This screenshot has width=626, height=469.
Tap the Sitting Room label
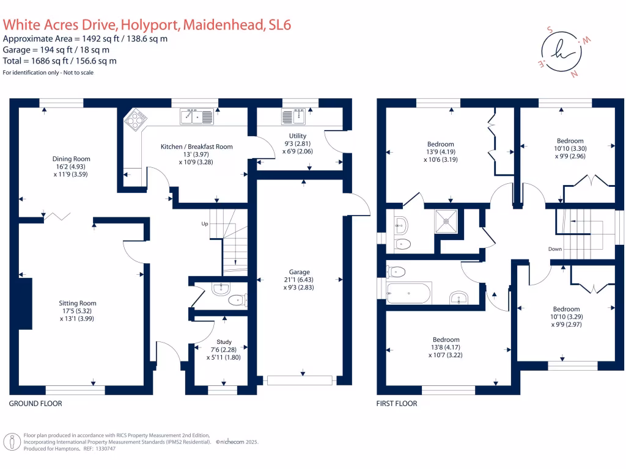78,303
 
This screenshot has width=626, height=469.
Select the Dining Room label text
71,159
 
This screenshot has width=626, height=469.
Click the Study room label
224,342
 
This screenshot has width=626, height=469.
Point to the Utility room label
298,136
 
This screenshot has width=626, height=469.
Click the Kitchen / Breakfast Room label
196,147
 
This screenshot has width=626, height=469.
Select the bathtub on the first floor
410,293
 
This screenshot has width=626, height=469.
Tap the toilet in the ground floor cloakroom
237,300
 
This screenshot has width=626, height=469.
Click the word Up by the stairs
205,224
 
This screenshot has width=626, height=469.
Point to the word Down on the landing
555,249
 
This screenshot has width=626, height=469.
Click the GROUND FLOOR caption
35,404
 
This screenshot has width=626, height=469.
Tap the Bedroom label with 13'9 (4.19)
441,144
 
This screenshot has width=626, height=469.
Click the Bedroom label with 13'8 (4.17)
446,340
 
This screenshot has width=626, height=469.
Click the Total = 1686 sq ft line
60,60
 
